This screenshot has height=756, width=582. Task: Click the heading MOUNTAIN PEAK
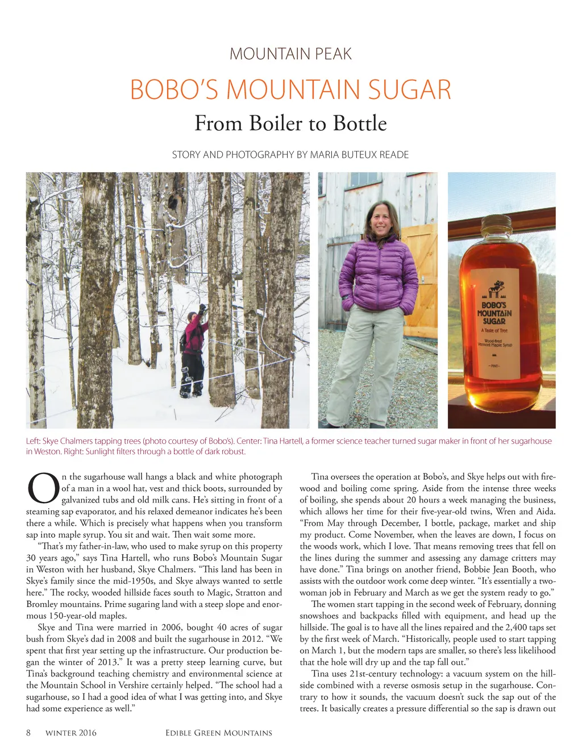point(290,54)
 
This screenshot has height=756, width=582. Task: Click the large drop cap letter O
point(43,489)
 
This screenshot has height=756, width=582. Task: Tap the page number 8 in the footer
point(28,733)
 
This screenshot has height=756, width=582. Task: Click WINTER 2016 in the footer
point(71,733)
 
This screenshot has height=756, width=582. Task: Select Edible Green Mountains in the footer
point(219,733)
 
